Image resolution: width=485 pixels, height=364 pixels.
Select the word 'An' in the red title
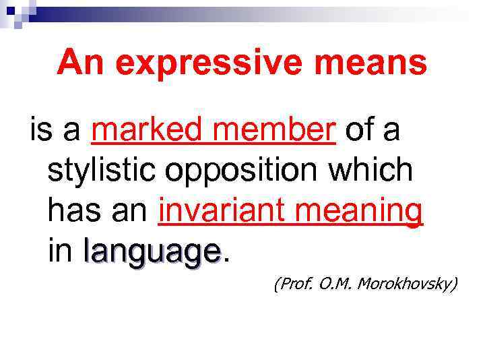78,63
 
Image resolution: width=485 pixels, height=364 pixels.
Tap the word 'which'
375,170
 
